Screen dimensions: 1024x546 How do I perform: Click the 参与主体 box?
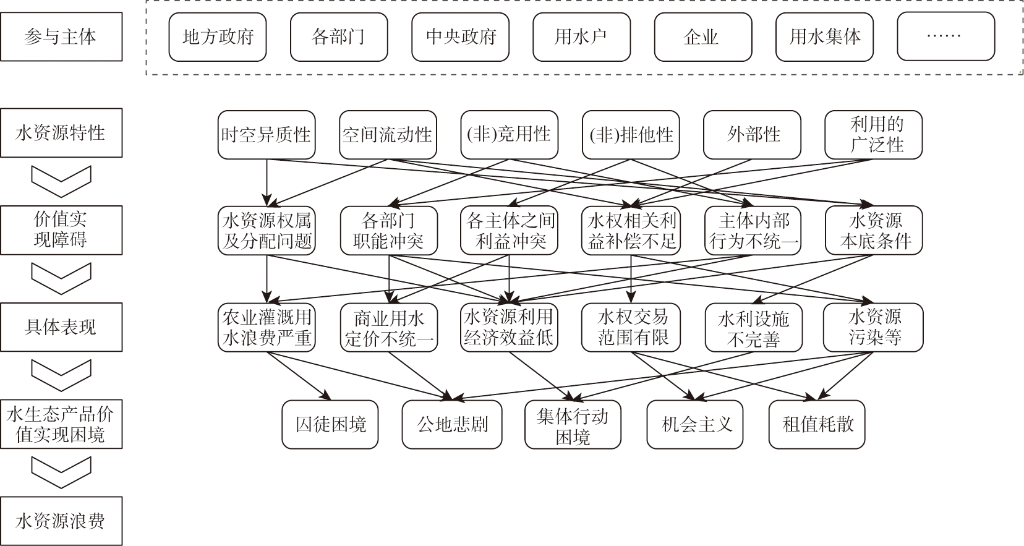tap(61, 36)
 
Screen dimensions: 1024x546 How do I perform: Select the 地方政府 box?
tap(218, 37)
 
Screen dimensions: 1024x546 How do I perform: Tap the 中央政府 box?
tap(460, 37)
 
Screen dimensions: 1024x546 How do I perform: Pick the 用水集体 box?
tap(824, 37)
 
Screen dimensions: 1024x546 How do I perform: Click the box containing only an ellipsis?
tap(946, 37)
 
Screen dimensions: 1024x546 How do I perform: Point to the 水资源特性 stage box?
tap(61, 132)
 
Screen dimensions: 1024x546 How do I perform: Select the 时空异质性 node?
tap(267, 135)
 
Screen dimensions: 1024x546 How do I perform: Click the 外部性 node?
tap(752, 135)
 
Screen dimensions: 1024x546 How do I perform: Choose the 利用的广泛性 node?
tap(874, 135)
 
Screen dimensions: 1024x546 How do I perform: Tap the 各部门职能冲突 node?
tap(389, 231)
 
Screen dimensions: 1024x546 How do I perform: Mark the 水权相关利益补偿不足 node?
tap(631, 231)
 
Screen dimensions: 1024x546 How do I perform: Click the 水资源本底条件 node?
tap(874, 231)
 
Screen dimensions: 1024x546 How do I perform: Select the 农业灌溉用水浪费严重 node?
tap(267, 328)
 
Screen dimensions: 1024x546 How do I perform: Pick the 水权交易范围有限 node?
tap(631, 328)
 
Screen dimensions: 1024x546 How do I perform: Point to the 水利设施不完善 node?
tap(753, 328)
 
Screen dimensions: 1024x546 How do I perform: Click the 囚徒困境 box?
tap(330, 424)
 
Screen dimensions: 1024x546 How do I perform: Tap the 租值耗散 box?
tap(817, 424)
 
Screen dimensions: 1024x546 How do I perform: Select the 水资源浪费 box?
tap(61, 521)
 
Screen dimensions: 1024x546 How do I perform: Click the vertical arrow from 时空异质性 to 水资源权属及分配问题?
tap(267, 183)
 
